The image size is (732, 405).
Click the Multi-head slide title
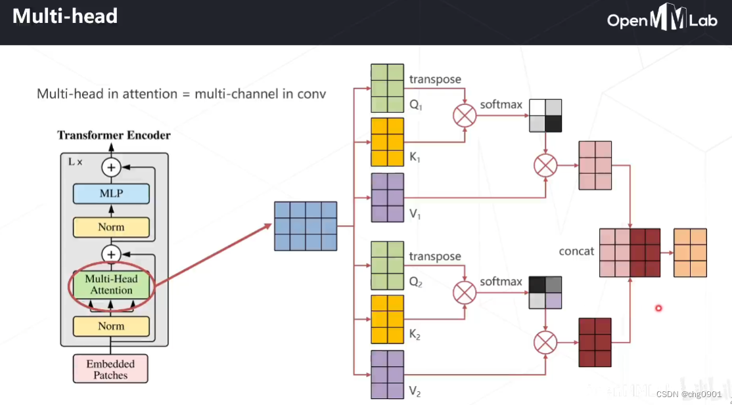65,16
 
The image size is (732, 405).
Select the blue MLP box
111,194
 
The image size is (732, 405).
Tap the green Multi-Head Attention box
111,285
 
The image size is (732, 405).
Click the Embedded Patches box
110,370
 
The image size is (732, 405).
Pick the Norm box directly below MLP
111,227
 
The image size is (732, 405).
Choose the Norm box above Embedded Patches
111,326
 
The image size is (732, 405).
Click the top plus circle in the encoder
111,167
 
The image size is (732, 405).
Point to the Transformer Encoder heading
114,135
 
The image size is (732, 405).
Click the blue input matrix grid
306,226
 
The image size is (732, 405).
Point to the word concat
576,251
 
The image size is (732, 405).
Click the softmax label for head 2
501,282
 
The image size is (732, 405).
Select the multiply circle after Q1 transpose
464,116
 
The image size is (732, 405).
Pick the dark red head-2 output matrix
595,342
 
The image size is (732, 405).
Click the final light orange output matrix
690,253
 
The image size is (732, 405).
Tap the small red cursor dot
658,309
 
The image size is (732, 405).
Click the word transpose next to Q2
435,257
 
